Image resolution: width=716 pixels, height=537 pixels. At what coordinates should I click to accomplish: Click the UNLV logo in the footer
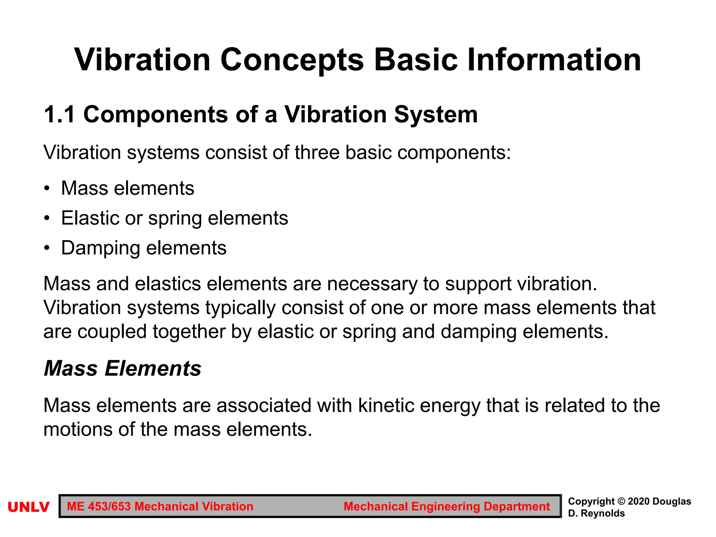(x=28, y=507)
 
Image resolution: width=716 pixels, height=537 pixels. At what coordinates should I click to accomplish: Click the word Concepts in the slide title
(x=292, y=60)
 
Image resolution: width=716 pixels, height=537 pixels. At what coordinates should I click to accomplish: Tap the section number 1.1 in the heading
(x=59, y=115)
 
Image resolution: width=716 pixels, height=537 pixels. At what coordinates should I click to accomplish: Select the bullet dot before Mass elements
(x=47, y=189)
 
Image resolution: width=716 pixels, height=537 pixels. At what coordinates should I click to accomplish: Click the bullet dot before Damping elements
(x=47, y=248)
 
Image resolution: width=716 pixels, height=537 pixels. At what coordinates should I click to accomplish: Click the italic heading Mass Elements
(x=122, y=368)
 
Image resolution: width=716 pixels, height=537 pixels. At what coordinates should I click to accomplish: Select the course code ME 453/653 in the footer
(x=99, y=507)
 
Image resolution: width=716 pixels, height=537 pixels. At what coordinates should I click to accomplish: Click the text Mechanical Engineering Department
(x=446, y=507)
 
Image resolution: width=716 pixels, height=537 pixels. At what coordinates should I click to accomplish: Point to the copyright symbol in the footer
(x=621, y=501)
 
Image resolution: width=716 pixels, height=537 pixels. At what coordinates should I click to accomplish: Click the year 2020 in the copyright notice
(x=639, y=501)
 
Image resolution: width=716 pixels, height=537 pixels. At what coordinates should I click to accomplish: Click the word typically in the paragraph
(x=240, y=308)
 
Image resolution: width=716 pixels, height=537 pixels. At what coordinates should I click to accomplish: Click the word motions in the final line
(x=78, y=429)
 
